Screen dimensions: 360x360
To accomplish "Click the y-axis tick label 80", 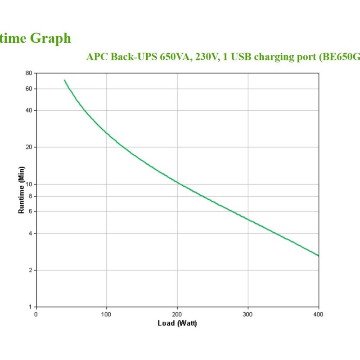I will [29, 73].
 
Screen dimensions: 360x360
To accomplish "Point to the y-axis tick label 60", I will [29, 89].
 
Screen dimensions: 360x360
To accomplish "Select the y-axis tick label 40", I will [29, 110].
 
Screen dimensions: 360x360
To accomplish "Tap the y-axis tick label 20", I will [29, 147].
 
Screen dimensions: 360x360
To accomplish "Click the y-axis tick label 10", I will [29, 184].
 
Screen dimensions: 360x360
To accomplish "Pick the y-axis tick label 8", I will [30, 196].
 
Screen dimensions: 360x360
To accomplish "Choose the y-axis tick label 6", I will [30, 211].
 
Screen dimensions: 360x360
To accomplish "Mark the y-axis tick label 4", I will [30, 233].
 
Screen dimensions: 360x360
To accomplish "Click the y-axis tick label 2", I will [30, 270].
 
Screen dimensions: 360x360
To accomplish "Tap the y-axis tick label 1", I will [30, 307].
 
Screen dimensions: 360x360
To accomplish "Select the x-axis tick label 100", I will [107, 314].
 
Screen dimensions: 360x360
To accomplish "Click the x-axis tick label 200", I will [177, 314].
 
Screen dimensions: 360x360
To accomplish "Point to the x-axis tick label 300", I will [248, 314].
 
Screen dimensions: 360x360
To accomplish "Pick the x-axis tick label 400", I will [319, 314].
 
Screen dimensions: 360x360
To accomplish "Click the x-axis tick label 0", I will [36, 314].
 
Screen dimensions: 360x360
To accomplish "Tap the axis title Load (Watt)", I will [177, 323].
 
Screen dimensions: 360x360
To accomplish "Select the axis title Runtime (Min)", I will [21, 190].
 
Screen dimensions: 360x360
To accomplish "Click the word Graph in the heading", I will [50, 38].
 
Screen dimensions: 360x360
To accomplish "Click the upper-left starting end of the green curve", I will [64, 80].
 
